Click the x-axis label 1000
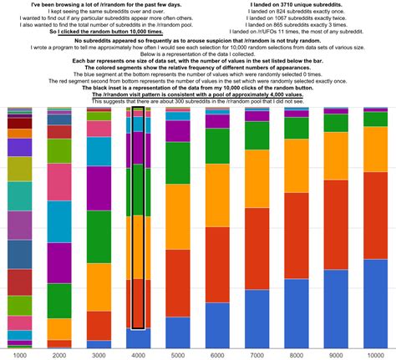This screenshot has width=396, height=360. click(x=18, y=354)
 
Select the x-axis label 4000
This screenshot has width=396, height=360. click(x=139, y=354)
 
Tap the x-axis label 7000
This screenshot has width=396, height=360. click(x=257, y=354)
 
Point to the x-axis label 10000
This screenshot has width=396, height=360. click(x=375, y=354)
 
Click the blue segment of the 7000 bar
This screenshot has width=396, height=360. click(x=257, y=317)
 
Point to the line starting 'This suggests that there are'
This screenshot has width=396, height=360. click(x=198, y=101)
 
